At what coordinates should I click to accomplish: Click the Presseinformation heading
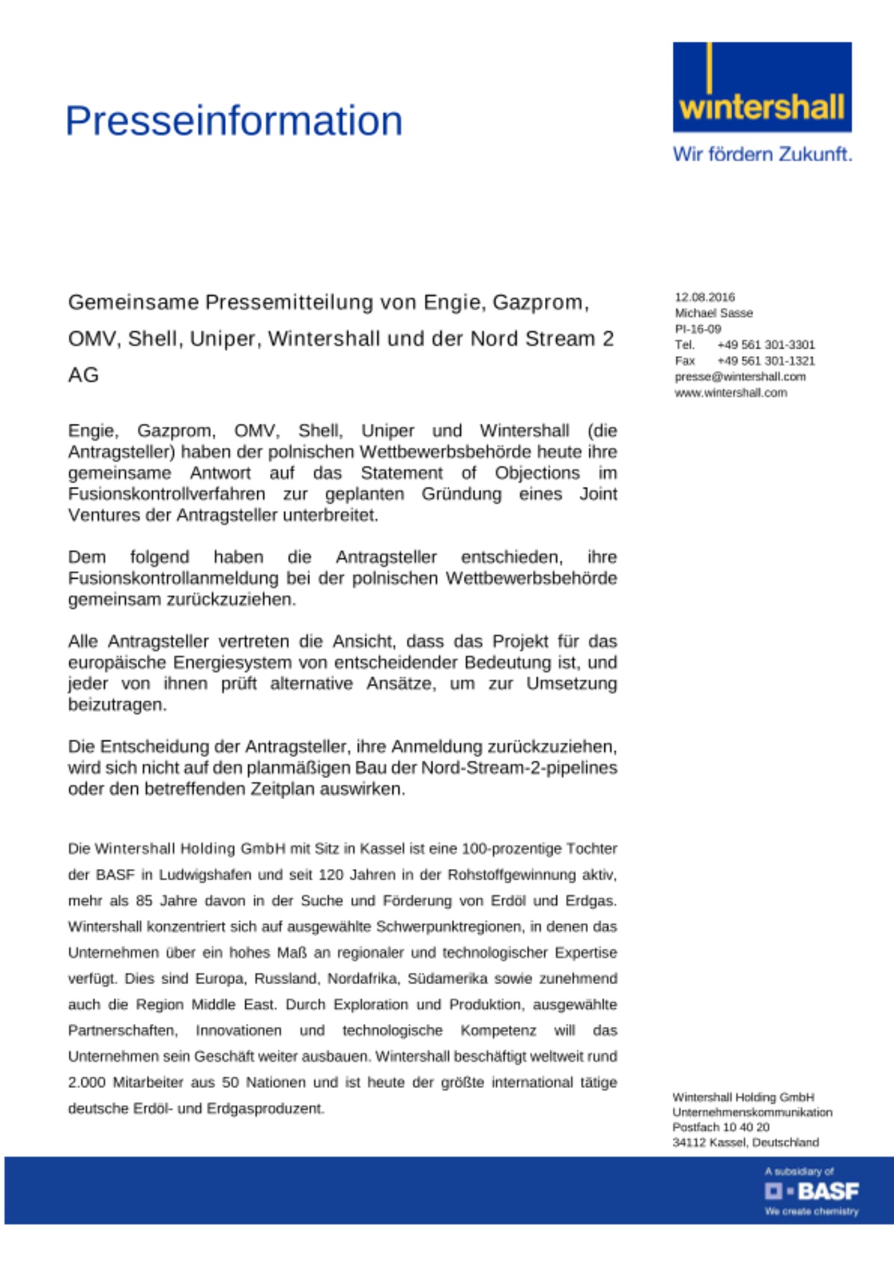pos(234,121)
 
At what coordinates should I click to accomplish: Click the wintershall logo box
pos(762,87)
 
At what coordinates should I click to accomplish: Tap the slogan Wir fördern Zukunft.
pos(762,154)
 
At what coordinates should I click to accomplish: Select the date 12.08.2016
pos(704,297)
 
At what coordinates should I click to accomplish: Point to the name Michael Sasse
pos(713,313)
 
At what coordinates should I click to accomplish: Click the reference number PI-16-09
pos(697,329)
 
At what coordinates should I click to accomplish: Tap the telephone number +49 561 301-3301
pos(766,345)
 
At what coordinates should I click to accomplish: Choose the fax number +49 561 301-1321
pos(766,361)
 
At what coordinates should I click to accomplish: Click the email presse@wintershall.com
pos(740,377)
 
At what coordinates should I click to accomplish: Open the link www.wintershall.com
pos(730,393)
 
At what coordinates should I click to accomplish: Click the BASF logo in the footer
pos(812,1192)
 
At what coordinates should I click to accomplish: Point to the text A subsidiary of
pos(799,1171)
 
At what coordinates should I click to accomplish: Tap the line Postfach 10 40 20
pos(721,1127)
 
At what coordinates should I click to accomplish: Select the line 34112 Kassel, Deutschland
pos(745,1142)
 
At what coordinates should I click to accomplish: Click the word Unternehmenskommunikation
pos(752,1112)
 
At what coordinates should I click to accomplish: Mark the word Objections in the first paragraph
pos(537,473)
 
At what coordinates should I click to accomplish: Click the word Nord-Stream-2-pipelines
pos(519,768)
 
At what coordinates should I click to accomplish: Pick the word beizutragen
pos(118,705)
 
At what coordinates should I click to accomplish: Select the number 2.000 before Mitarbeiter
pos(87,1082)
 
